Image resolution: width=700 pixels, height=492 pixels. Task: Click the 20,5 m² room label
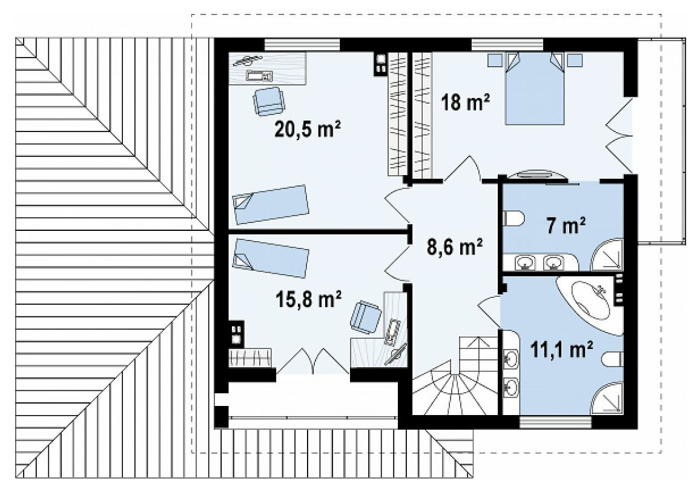pyautogui.click(x=308, y=130)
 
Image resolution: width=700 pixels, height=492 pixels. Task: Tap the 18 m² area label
pyautogui.click(x=465, y=102)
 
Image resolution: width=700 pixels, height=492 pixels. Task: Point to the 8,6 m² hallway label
pyautogui.click(x=455, y=247)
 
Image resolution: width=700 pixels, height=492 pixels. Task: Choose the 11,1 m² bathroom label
pyautogui.click(x=562, y=349)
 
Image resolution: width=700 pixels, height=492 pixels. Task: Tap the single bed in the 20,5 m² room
pyautogui.click(x=271, y=204)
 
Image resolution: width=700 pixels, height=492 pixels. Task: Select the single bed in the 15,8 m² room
pyautogui.click(x=271, y=258)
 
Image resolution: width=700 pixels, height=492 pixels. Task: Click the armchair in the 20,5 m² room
pyautogui.click(x=268, y=101)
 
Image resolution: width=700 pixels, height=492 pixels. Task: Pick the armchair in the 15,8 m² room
pyautogui.click(x=366, y=317)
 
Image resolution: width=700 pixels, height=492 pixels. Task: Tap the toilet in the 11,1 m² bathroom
pyautogui.click(x=612, y=359)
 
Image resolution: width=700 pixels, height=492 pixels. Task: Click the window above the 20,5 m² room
pyautogui.click(x=302, y=45)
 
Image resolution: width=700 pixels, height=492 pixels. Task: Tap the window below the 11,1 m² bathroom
pyautogui.click(x=556, y=422)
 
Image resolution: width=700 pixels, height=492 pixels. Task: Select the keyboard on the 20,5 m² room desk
pyautogui.click(x=259, y=76)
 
